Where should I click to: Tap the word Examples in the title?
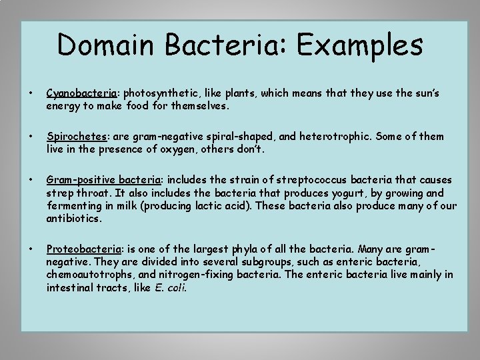tap(360, 46)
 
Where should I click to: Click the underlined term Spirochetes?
tap(75, 137)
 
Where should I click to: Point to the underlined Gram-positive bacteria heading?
tap(104, 180)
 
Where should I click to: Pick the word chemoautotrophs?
tap(91, 275)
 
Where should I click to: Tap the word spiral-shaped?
tap(239, 137)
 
